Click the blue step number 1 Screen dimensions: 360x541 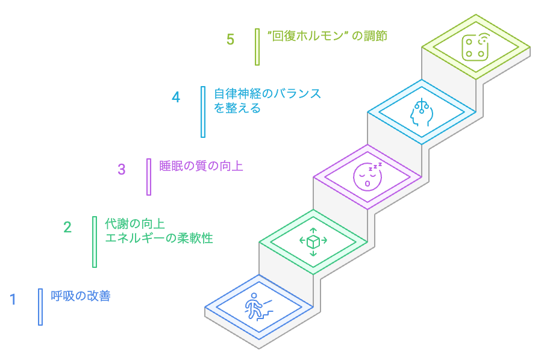tap(13, 299)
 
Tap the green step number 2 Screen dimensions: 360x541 tap(67, 227)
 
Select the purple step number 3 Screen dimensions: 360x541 tap(122, 169)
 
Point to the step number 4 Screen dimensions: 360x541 tap(176, 97)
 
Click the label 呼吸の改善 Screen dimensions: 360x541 tap(81, 296)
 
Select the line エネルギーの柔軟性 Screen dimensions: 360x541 tap(159, 238)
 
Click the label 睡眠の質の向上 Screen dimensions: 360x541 tap(201, 166)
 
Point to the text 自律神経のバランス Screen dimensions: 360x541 tap(267, 94)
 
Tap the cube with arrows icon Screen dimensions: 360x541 tap(313, 241)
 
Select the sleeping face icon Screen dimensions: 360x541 tap(367, 175)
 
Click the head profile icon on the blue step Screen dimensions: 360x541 tap(421, 112)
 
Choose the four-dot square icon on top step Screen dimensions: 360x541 tap(475, 47)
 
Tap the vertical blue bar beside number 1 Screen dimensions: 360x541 tap(40, 307)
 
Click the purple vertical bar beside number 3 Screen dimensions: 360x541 tap(149, 177)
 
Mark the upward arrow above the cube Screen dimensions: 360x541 tap(313, 231)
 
